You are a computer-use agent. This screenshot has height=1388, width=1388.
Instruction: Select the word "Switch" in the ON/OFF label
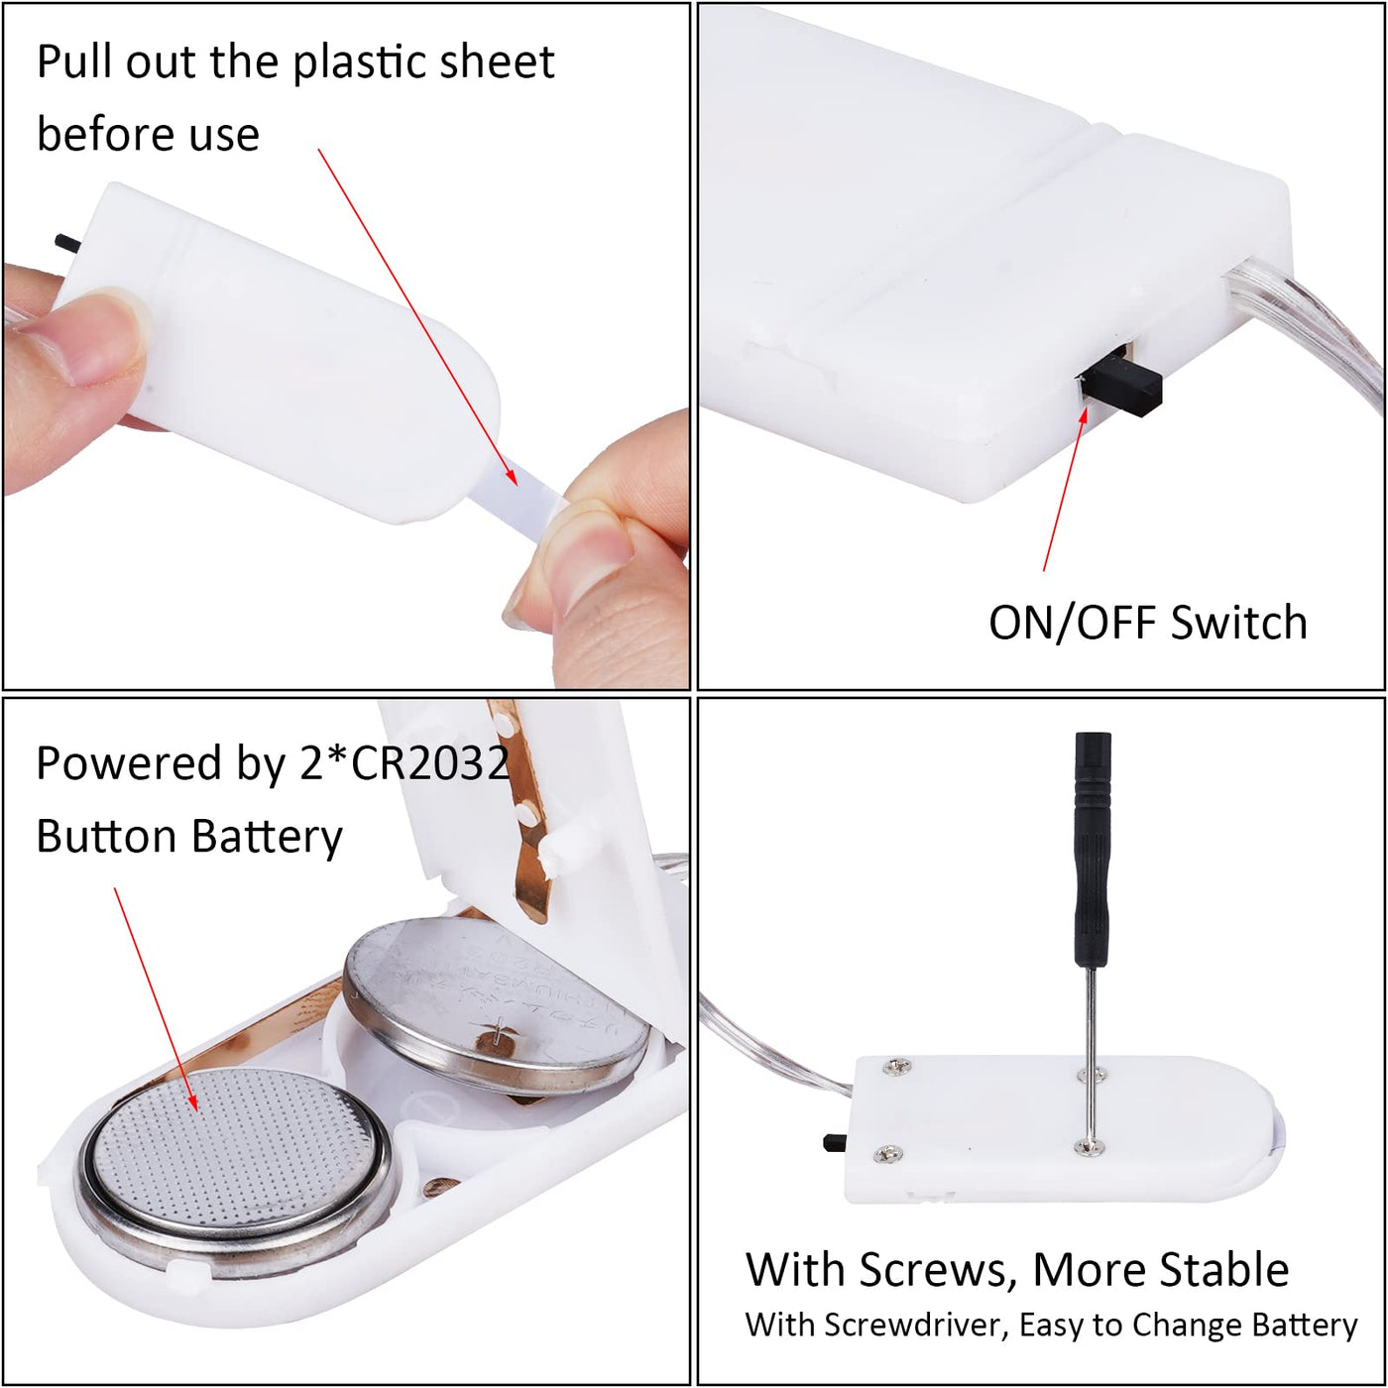click(x=1238, y=623)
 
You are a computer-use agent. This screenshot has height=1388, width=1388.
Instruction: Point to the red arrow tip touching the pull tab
click(x=516, y=484)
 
